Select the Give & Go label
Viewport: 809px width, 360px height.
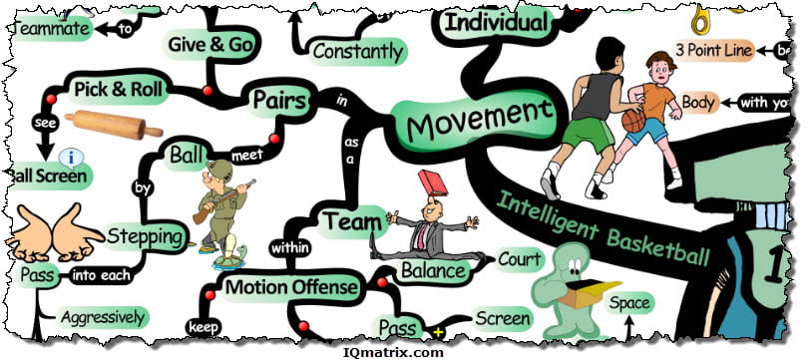[209, 44]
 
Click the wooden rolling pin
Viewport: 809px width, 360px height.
[113, 125]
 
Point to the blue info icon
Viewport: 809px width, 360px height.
[70, 157]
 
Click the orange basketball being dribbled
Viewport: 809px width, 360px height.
[633, 120]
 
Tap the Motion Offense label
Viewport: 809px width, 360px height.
[290, 287]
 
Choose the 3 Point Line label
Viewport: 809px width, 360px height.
[712, 49]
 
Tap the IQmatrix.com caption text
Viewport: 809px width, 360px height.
[404, 350]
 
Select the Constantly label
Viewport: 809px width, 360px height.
[358, 50]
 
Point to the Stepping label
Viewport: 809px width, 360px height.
[146, 236]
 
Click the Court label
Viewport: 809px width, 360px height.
[519, 260]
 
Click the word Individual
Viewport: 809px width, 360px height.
[495, 22]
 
